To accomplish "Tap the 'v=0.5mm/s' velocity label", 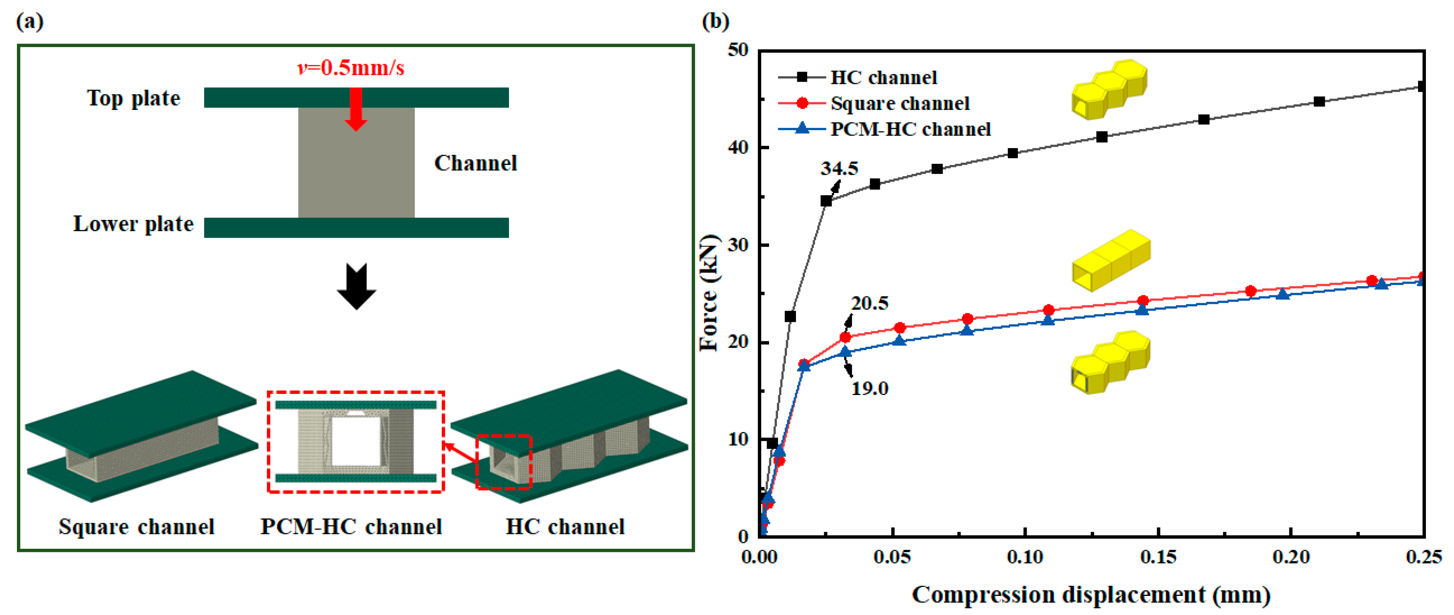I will [x=351, y=68].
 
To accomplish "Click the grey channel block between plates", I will [x=356, y=170].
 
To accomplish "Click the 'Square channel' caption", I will [x=137, y=527].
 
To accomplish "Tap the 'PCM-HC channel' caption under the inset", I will [x=351, y=527].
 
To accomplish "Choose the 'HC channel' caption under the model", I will [x=565, y=527].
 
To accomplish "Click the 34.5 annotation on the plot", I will [x=839, y=168].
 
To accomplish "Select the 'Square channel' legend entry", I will [x=900, y=103].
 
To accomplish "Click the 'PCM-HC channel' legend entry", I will [x=910, y=129].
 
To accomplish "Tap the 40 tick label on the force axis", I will [x=738, y=147].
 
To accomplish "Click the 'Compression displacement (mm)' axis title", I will [x=1091, y=595].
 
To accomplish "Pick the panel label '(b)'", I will [x=715, y=22].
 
